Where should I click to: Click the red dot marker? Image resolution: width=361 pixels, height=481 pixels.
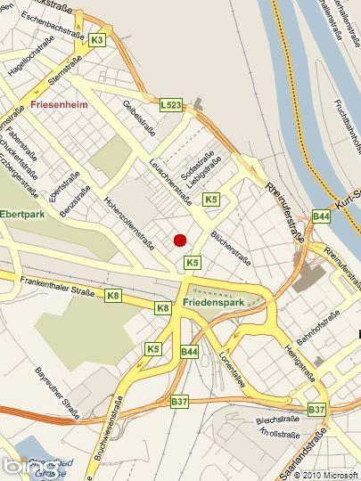click(179, 239)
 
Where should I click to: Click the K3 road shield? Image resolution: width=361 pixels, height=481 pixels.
click(97, 39)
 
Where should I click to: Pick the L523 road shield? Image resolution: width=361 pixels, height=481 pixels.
click(171, 105)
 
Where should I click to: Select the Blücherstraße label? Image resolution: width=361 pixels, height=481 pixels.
click(228, 250)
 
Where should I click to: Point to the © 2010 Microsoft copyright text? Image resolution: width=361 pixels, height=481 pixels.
click(325, 474)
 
